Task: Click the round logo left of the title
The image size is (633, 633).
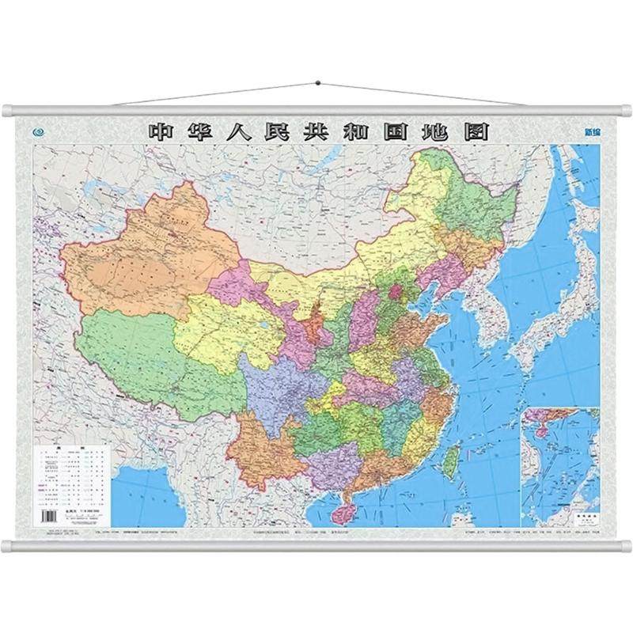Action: click(x=39, y=133)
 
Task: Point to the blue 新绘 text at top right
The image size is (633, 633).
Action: click(x=589, y=133)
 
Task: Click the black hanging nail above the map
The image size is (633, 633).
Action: click(x=316, y=81)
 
